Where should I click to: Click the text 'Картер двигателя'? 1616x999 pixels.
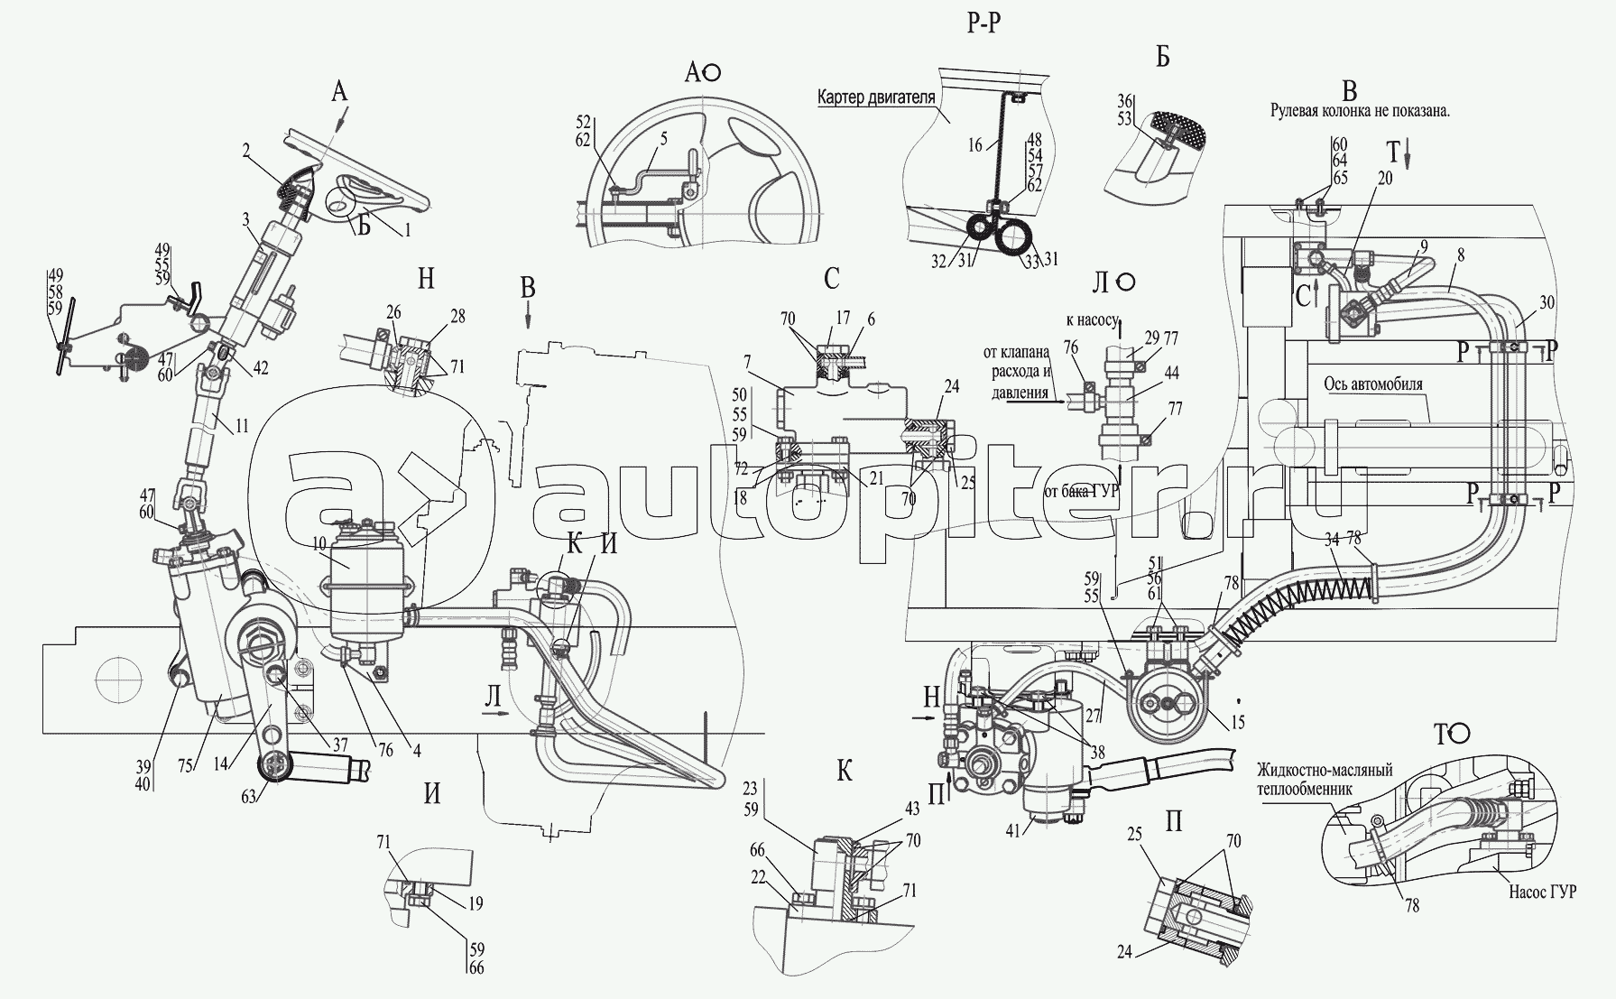point(874,97)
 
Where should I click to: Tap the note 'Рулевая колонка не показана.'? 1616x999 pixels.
point(1351,113)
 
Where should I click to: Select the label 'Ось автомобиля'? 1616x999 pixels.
point(1373,384)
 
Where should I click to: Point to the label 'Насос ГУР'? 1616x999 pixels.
point(1541,893)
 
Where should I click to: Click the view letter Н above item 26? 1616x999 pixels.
point(426,279)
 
